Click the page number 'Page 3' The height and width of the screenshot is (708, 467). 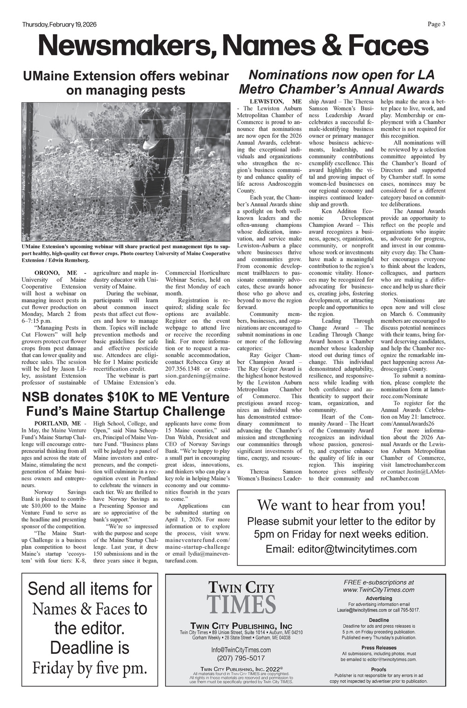pos(436,25)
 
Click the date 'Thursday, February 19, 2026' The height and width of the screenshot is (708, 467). pos(59,25)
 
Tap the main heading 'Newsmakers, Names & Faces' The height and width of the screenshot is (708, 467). pos(233,46)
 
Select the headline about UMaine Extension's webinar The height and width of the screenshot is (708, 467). pos(126,83)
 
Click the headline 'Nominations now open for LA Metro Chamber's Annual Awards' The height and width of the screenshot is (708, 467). pos(341,82)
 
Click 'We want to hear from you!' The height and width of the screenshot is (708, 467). pos(341,505)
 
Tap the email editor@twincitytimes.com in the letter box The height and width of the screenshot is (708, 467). pos(341,549)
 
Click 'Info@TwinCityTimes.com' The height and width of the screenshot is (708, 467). pos(241,650)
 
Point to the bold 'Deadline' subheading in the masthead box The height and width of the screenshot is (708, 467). pos(379,620)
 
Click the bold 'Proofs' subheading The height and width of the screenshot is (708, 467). pos(379,669)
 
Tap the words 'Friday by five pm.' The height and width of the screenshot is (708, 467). pos(90,668)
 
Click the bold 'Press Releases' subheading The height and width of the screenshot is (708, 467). pos(379,648)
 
